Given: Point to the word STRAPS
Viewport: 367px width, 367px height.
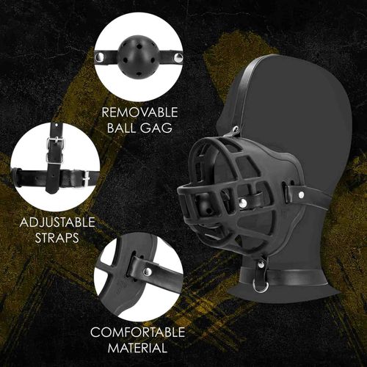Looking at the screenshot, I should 46,239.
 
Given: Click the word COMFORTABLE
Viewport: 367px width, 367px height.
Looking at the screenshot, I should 138,333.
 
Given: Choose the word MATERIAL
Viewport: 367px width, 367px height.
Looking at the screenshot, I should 138,348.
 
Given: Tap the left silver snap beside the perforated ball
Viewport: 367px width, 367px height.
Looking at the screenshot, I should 101,55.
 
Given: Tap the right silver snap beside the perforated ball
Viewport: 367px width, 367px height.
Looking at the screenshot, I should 177,55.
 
